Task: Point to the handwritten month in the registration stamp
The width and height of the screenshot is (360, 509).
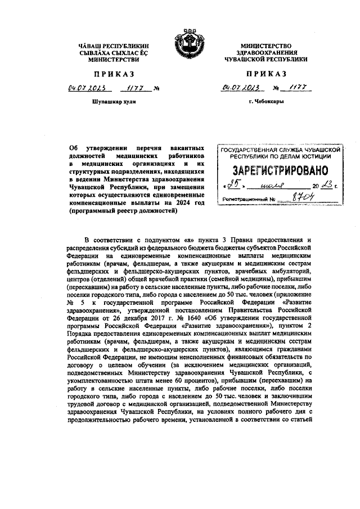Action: click(276, 186)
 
